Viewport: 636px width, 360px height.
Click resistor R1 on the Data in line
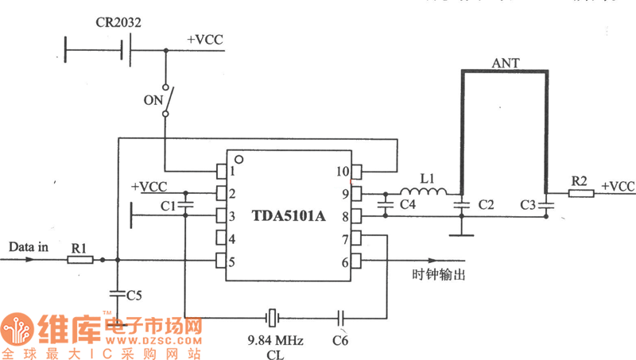(x=80, y=259)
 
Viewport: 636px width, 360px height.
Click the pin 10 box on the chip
(x=358, y=171)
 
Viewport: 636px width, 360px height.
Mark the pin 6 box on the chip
(x=358, y=260)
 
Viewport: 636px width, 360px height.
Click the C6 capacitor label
(x=340, y=340)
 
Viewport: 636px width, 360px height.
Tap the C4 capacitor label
(x=408, y=206)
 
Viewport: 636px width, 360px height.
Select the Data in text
(x=29, y=247)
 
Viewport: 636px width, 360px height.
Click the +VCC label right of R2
(x=619, y=187)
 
